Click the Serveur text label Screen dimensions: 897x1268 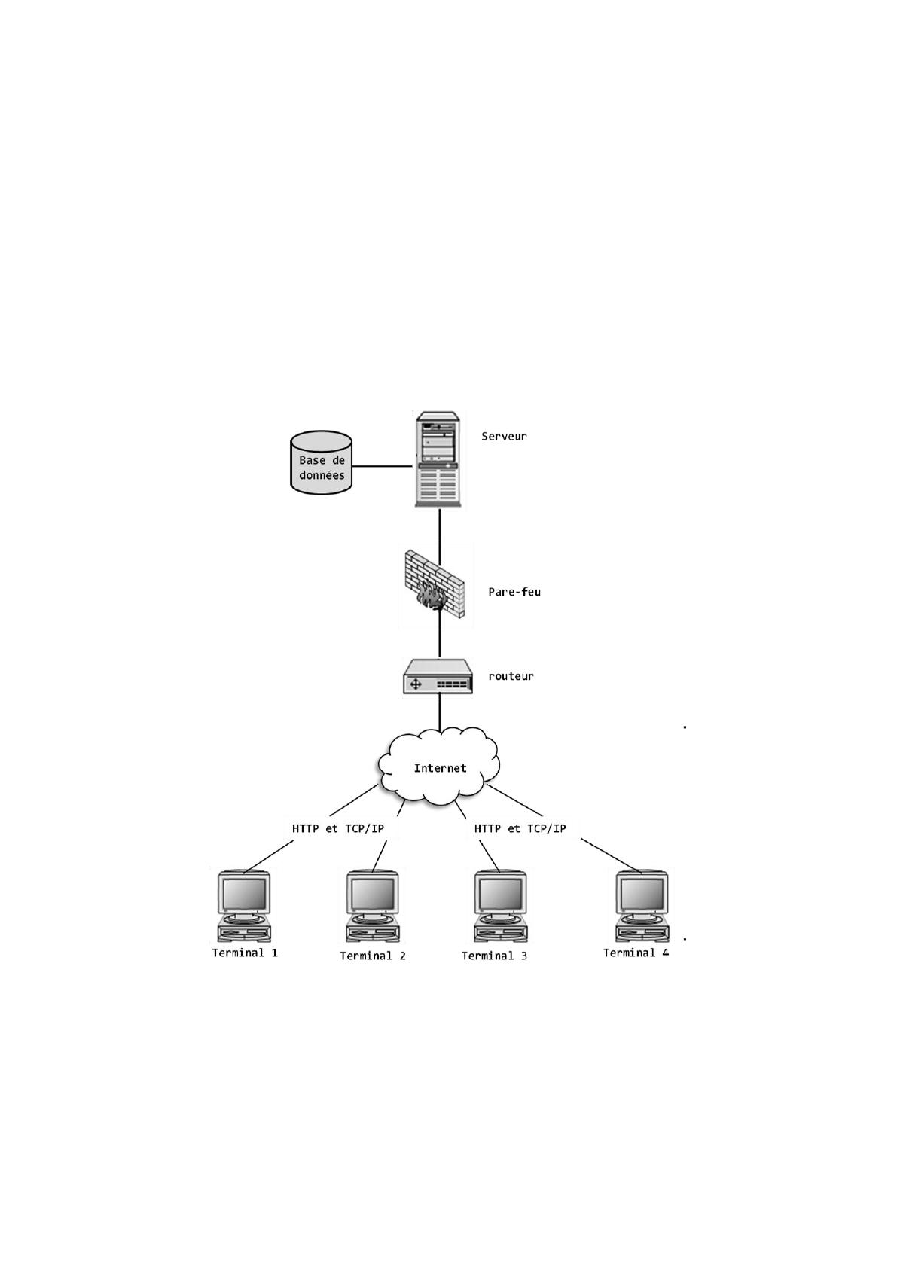click(x=504, y=436)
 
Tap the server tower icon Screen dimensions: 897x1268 click(x=438, y=459)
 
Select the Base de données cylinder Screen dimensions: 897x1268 click(x=321, y=462)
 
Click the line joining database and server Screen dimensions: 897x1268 click(x=383, y=466)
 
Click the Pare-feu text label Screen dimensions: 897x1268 click(x=514, y=592)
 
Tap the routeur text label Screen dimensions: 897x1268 click(x=511, y=676)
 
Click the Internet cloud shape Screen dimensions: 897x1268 click(x=439, y=766)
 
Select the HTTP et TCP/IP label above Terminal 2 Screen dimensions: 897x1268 click(x=338, y=828)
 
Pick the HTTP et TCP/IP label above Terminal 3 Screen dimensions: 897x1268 click(x=520, y=828)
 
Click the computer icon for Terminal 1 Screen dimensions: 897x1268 click(x=244, y=907)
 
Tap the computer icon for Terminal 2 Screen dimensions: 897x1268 click(x=372, y=907)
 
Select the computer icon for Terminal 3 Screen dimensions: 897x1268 click(x=501, y=907)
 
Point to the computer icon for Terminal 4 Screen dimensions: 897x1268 click(x=642, y=907)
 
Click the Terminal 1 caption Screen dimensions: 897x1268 click(x=245, y=953)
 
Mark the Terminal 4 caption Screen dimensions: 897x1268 click(x=636, y=953)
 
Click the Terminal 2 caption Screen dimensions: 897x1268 click(x=373, y=956)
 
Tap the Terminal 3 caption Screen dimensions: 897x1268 click(x=494, y=956)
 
